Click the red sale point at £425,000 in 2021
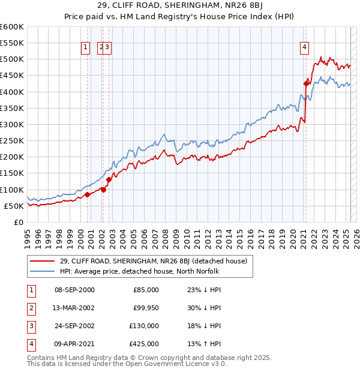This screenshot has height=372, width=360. coord(306,84)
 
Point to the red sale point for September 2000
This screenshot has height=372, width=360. coord(87,194)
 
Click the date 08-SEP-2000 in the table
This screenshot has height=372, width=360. coord(74,289)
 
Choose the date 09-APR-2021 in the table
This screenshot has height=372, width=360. coord(74,344)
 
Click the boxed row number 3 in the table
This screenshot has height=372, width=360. coord(29,326)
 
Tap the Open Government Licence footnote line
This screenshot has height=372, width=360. coord(127,364)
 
